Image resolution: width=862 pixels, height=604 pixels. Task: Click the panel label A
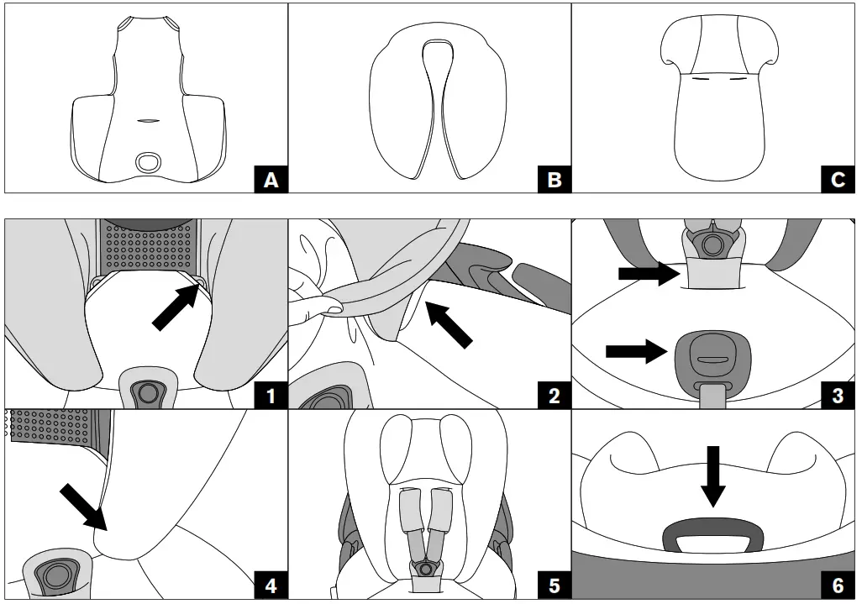(x=270, y=179)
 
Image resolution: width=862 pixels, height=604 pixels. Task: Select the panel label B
(x=554, y=179)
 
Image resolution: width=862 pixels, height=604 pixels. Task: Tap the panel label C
(x=838, y=179)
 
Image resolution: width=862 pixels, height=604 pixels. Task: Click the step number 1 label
(x=270, y=395)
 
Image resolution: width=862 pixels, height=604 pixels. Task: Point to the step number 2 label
(x=554, y=395)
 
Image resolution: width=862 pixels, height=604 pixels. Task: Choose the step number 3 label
(x=838, y=395)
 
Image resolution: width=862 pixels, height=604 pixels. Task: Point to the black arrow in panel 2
(x=449, y=325)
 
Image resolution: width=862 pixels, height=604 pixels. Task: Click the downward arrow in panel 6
(x=712, y=477)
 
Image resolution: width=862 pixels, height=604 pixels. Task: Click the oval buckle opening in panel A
(x=151, y=161)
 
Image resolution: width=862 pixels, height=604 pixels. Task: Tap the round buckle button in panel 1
(x=149, y=391)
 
